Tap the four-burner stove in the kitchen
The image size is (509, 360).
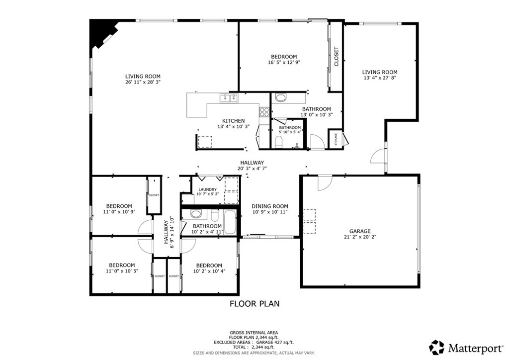tap(264, 112)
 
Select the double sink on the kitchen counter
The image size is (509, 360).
tap(229, 98)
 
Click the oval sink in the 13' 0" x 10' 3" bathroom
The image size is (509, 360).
tap(280, 97)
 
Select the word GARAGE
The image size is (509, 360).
tap(359, 231)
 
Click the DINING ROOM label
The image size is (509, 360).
tap(270, 206)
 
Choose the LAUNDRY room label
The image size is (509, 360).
tap(207, 189)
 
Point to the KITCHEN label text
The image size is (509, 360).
tap(233, 121)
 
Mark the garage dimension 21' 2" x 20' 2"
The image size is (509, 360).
tap(359, 237)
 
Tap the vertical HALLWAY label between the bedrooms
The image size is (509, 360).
tap(167, 232)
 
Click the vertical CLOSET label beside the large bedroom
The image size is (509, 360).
tap(337, 57)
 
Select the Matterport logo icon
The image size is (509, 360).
tap(437, 347)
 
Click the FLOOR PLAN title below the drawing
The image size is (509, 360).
tap(254, 303)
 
